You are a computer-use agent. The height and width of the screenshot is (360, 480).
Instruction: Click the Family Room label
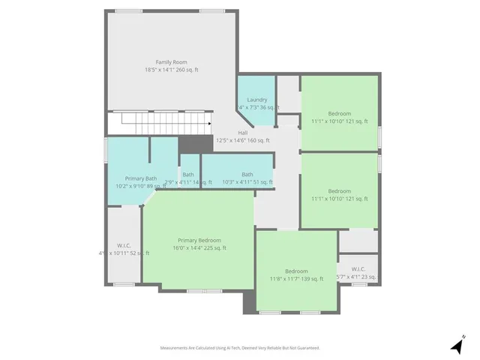pos(171,61)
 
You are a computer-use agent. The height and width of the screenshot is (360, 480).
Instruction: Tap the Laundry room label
pos(256,99)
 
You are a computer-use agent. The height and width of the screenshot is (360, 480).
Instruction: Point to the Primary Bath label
pos(140,178)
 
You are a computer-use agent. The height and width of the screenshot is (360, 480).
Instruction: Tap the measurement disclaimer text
pos(239,348)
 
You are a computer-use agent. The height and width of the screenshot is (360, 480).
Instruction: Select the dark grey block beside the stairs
pos(196,145)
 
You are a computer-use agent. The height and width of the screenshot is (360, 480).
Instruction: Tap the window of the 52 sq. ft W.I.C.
pos(124,284)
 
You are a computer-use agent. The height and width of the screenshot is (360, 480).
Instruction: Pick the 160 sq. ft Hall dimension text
pos(242,140)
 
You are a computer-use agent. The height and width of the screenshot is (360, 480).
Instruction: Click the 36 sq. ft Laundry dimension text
pos(257,107)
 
